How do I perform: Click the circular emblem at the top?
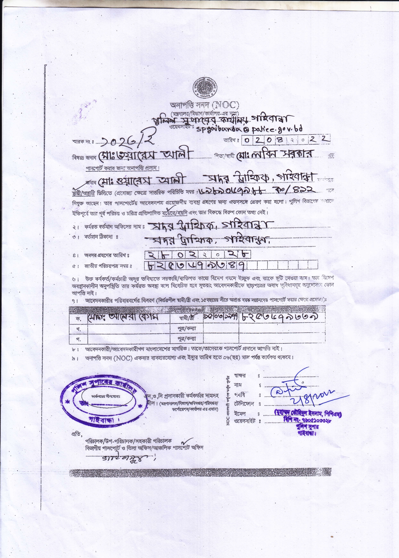(204, 88)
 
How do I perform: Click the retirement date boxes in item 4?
(197, 254)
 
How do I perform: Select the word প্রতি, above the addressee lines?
(77, 434)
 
